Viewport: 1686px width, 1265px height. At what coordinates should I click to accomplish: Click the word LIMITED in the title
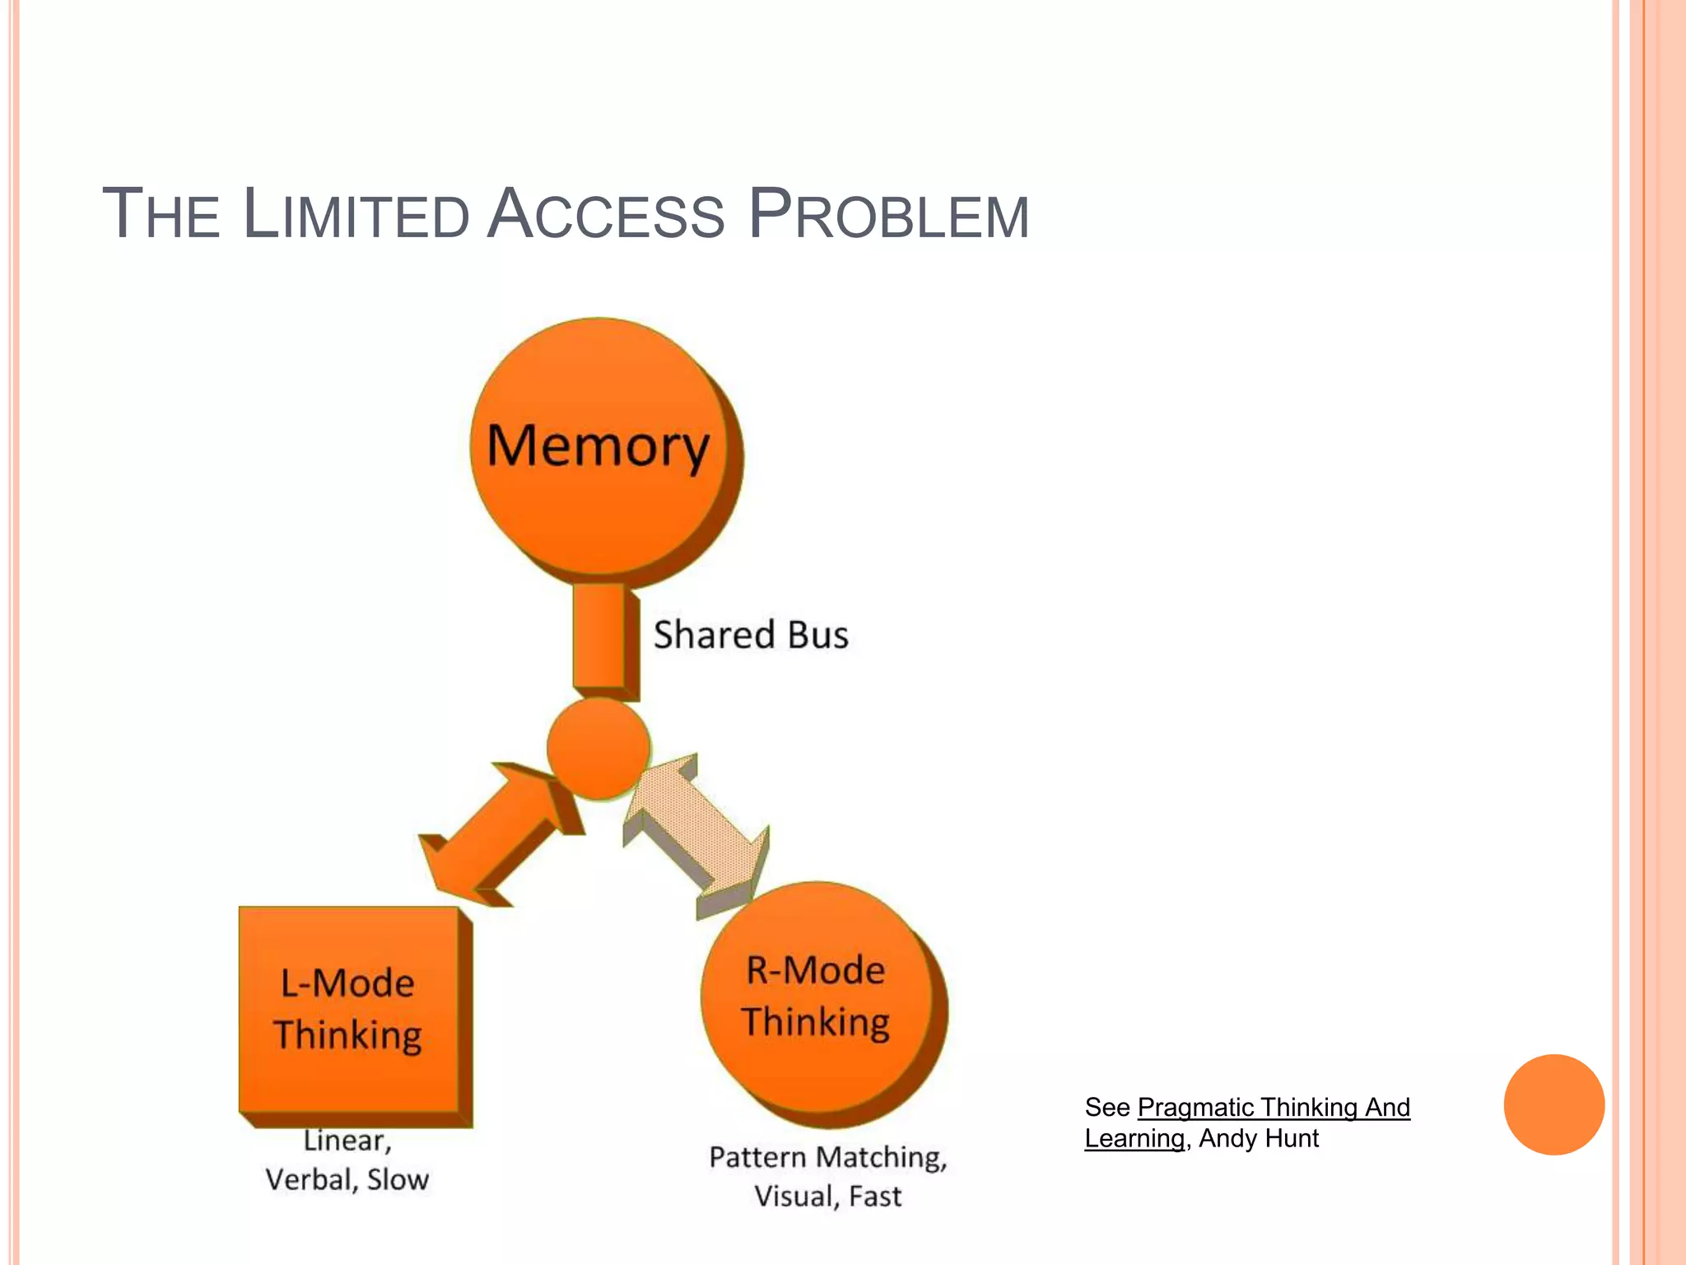(356, 215)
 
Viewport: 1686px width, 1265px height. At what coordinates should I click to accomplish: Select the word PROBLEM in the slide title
(888, 215)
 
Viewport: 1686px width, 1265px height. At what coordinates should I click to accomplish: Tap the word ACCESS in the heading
(605, 215)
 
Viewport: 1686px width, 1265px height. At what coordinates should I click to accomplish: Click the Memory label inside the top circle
(598, 446)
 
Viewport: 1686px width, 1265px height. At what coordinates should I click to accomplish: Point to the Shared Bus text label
(750, 635)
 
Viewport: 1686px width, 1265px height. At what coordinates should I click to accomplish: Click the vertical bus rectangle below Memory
(600, 635)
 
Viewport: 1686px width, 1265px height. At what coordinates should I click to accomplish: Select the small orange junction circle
(598, 748)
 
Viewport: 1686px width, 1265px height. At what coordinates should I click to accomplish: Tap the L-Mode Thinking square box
(349, 1009)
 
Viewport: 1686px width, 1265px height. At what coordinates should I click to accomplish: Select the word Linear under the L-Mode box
(347, 1141)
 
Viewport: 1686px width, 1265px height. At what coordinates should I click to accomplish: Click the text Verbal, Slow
(347, 1180)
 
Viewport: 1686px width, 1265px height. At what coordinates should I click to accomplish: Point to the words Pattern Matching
(827, 1157)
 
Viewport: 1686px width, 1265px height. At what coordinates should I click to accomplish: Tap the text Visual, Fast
(827, 1196)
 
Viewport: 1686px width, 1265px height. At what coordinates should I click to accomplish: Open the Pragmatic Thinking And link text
(1273, 1107)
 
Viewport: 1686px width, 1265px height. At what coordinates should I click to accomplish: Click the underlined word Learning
(1134, 1138)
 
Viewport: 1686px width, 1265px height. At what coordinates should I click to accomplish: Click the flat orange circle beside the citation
(1553, 1104)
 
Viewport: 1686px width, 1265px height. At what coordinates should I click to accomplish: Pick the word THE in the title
(161, 215)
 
